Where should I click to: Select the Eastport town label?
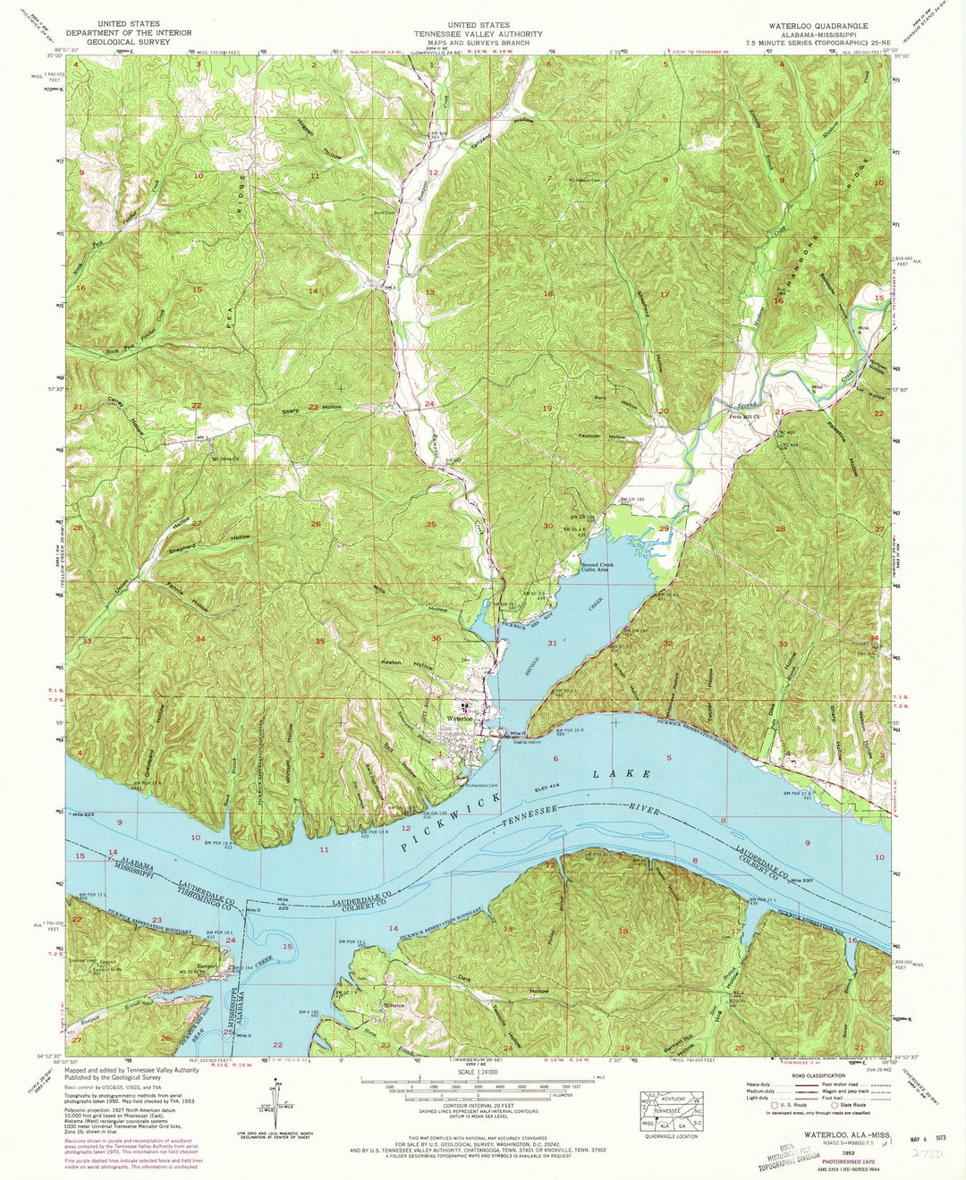208,966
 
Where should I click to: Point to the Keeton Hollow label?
410,665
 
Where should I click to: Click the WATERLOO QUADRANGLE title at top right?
811,25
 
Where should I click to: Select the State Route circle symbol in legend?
835,1105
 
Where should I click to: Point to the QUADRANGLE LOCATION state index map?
677,1108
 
